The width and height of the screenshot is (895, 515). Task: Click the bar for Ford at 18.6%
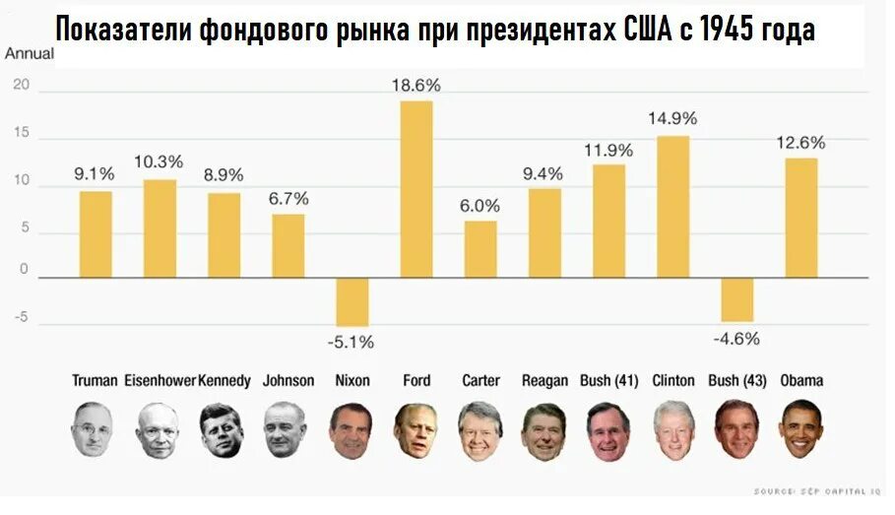click(x=416, y=188)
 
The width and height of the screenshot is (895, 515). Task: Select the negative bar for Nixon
click(x=352, y=301)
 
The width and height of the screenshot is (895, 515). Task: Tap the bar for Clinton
click(x=672, y=207)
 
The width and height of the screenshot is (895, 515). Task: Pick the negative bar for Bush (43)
click(x=736, y=299)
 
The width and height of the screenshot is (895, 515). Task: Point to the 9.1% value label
click(x=95, y=174)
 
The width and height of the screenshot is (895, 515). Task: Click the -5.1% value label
click(x=352, y=342)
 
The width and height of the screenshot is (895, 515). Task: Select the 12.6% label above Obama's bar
click(x=800, y=143)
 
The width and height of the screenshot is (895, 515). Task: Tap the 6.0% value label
click(x=480, y=206)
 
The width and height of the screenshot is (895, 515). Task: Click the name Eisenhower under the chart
click(x=160, y=380)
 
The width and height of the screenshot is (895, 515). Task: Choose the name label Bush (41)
click(x=608, y=380)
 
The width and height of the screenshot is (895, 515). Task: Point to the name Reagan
click(x=544, y=380)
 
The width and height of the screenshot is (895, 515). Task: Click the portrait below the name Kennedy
click(x=222, y=430)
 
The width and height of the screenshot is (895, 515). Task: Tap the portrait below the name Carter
click(x=480, y=430)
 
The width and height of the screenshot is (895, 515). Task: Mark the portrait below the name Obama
click(x=801, y=429)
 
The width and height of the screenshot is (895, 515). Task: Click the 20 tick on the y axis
click(x=22, y=87)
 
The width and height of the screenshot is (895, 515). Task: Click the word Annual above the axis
click(x=30, y=53)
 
